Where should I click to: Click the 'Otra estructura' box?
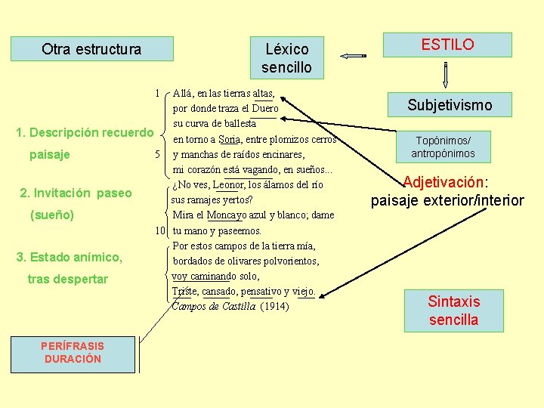pos(91,49)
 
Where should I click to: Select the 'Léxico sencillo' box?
pos(286,58)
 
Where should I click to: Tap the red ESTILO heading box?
pos(447,45)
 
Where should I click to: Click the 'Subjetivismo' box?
pos(449,105)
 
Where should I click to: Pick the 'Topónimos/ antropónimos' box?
pos(443,147)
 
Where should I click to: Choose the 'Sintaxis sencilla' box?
pos(453,310)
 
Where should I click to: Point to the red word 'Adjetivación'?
pos(444,182)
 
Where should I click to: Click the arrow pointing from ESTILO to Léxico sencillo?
pos(353,55)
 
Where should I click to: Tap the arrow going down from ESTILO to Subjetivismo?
pos(447,75)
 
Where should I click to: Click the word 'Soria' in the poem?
pos(229,139)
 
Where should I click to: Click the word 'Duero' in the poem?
pos(264,109)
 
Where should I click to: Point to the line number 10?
pos(161,230)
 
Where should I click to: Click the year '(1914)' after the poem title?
pos(274,306)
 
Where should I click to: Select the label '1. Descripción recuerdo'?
pos(85,133)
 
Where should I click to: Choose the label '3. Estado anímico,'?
pos(70,258)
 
